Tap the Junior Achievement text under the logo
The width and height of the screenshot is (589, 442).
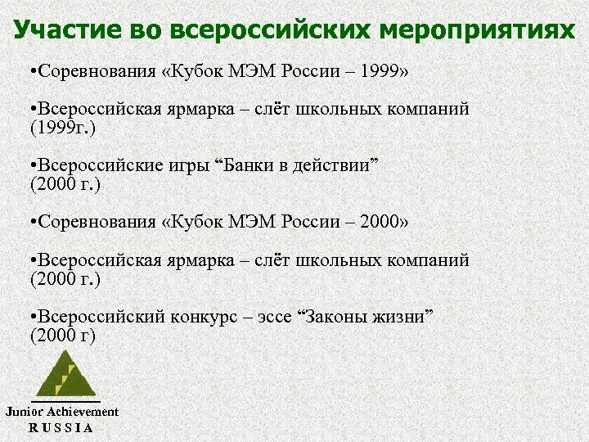pyautogui.click(x=62, y=412)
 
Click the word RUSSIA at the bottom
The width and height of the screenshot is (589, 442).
pyautogui.click(x=61, y=427)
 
